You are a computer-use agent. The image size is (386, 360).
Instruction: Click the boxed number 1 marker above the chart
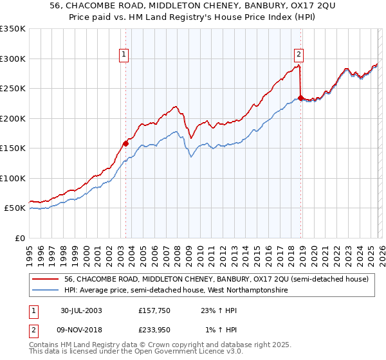(x=124, y=55)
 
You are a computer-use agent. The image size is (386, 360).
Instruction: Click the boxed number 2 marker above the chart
(x=300, y=55)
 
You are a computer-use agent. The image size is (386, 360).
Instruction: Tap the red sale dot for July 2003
(x=126, y=143)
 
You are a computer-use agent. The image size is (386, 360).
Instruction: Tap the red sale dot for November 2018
(x=300, y=98)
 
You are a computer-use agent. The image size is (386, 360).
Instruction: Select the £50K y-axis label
(x=15, y=208)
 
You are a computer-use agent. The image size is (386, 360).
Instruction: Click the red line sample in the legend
(x=46, y=279)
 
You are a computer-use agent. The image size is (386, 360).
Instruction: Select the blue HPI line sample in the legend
(x=46, y=291)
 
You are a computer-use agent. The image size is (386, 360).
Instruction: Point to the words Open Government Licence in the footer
(x=166, y=353)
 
